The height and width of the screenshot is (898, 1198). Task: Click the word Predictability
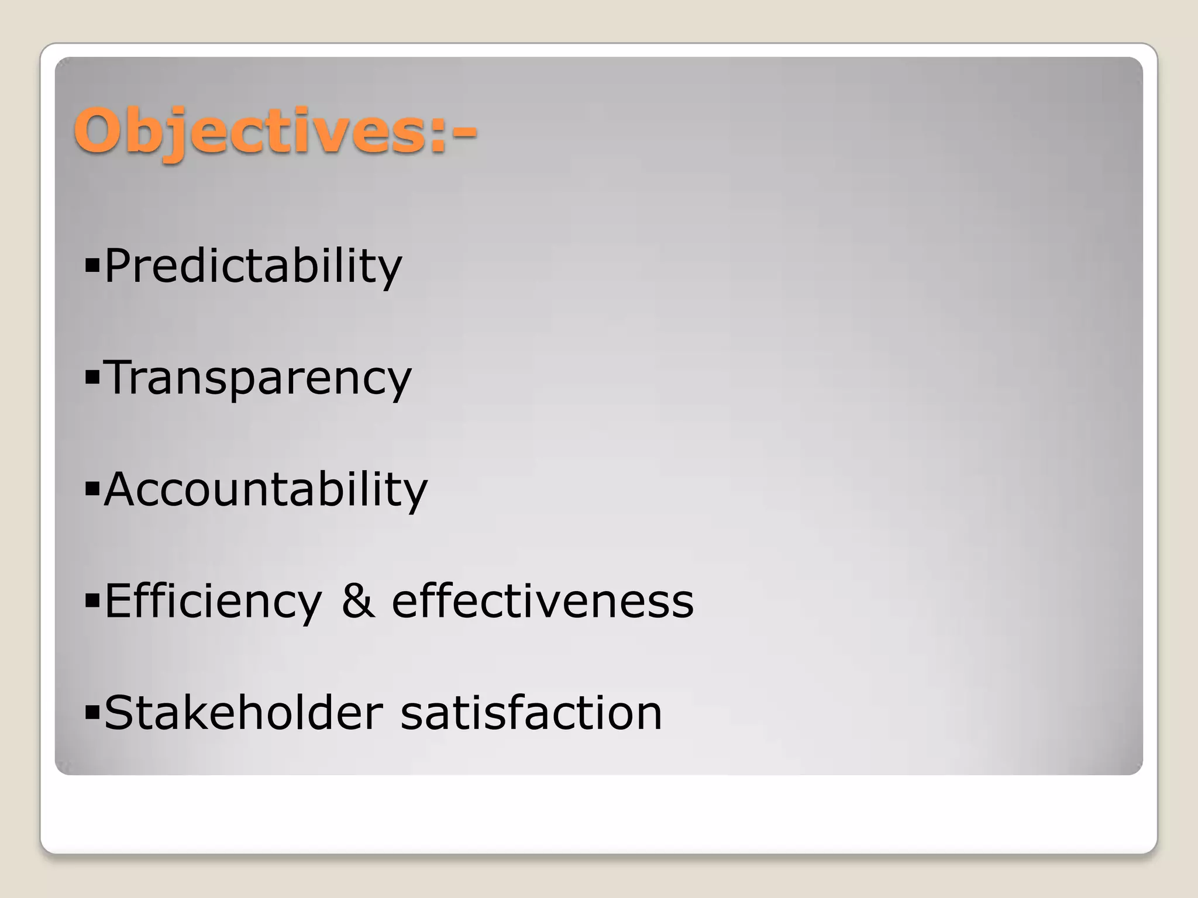pyautogui.click(x=253, y=266)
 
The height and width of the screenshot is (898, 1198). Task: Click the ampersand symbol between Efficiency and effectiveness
pyautogui.click(x=357, y=600)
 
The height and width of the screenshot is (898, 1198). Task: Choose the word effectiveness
pyautogui.click(x=542, y=600)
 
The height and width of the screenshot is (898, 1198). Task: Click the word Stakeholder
pyautogui.click(x=243, y=713)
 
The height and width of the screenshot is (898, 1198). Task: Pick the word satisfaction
pyautogui.click(x=531, y=713)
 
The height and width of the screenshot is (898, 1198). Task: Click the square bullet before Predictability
pyautogui.click(x=92, y=268)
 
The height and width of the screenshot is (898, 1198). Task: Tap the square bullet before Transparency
pyautogui.click(x=92, y=379)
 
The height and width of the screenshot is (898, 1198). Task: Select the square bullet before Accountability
pyautogui.click(x=92, y=491)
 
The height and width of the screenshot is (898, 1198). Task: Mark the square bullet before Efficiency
pyautogui.click(x=92, y=603)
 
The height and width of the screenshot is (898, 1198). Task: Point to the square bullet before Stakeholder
pyautogui.click(x=92, y=714)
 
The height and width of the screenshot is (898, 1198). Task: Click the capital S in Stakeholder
pyautogui.click(x=120, y=713)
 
